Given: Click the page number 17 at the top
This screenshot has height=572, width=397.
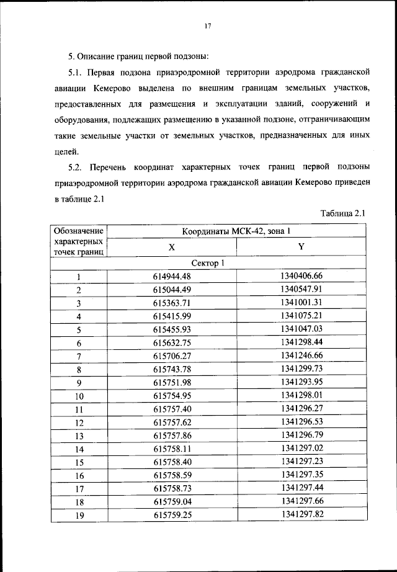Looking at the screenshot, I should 208,26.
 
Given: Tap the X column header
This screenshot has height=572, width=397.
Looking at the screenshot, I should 172,247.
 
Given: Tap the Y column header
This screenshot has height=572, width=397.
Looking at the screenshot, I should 301,247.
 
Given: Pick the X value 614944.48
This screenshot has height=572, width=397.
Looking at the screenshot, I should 172,277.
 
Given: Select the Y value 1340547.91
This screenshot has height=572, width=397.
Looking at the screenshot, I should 301,289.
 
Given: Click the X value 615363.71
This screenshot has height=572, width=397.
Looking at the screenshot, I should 172,303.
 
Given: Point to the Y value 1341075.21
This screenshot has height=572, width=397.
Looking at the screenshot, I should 301,316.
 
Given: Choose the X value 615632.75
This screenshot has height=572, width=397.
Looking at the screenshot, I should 172,342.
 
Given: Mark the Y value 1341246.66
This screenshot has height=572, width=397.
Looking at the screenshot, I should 301,355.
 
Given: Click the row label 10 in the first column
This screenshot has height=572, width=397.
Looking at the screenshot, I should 79,396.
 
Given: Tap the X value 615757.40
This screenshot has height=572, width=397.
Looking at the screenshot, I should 172,409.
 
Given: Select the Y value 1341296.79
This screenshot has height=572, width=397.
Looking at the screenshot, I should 301,435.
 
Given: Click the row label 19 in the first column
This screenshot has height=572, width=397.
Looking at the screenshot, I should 79,515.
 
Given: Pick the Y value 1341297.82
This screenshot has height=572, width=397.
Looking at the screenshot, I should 301,514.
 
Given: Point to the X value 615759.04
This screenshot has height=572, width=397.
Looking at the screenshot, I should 172,501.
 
